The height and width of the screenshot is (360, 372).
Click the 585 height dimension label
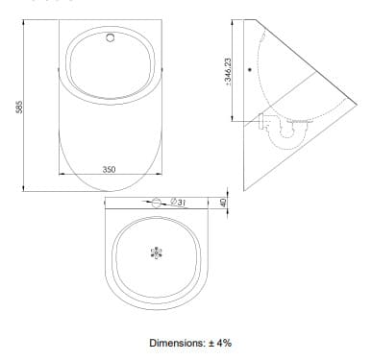point(19,107)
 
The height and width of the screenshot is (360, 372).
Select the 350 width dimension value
point(109,169)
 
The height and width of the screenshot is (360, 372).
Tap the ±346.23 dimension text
point(228,72)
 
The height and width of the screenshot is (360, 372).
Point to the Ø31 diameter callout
point(179,203)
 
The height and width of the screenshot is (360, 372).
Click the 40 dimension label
point(223,203)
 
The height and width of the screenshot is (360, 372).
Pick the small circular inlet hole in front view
point(111,37)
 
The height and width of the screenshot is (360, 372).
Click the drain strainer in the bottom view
point(157,252)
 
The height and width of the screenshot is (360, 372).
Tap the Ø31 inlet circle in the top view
point(157,203)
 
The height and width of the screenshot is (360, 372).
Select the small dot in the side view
point(250,69)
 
